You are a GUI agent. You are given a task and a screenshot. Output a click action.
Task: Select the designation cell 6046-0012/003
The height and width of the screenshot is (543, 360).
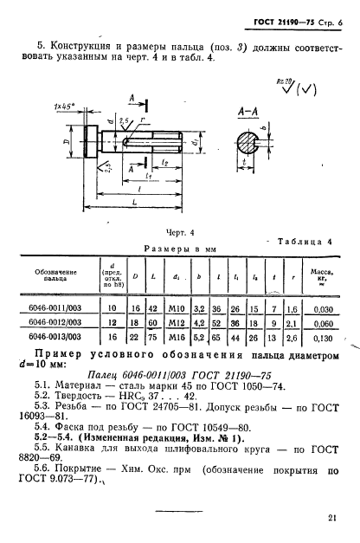point(55,322)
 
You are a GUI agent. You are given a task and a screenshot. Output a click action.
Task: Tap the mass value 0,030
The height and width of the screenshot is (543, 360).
point(324,309)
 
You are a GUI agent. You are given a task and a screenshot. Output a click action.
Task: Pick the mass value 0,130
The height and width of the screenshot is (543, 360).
point(324,338)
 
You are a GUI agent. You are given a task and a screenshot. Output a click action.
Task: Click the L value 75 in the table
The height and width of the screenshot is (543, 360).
point(152,337)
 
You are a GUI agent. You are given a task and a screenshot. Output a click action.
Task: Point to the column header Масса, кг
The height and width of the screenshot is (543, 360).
point(322,278)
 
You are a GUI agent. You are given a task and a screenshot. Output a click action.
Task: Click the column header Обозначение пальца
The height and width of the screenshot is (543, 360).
point(55,275)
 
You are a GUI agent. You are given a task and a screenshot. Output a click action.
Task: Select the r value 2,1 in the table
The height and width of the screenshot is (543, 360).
point(292,323)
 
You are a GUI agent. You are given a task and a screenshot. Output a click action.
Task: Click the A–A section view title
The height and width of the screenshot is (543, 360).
point(247,112)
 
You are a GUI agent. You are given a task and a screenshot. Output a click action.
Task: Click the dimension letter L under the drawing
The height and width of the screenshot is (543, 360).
point(135,202)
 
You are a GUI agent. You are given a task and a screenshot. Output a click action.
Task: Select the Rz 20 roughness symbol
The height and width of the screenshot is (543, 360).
point(286,87)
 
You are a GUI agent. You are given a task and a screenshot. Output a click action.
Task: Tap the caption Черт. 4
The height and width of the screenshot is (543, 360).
point(180,233)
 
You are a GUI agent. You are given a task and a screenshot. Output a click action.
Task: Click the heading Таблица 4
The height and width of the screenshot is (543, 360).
point(305,242)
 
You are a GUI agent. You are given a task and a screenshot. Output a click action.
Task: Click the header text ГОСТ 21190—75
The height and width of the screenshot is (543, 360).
point(284,23)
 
